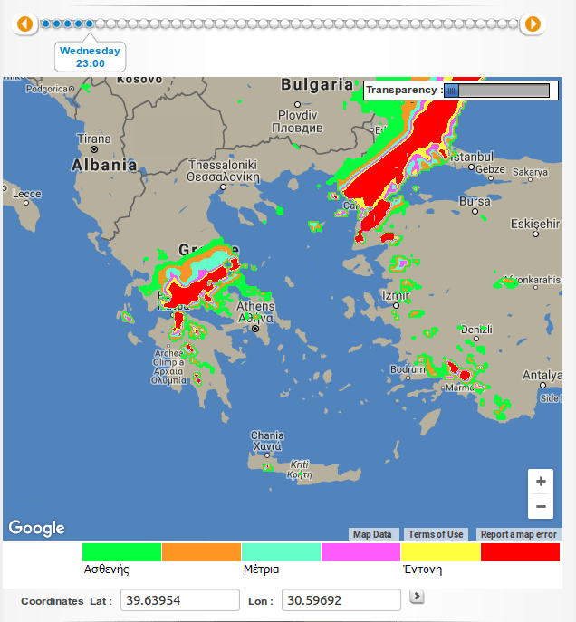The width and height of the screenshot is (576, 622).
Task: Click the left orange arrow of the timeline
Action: tap(24, 24)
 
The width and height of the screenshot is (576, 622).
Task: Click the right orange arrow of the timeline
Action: tap(533, 24)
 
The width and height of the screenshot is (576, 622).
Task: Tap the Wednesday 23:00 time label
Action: tap(90, 57)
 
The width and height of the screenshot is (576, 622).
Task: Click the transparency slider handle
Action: tap(451, 91)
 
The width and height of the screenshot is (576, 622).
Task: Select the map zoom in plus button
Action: tap(541, 482)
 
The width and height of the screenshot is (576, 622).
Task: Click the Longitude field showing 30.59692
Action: tap(341, 600)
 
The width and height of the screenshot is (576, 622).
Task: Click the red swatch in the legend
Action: tap(520, 552)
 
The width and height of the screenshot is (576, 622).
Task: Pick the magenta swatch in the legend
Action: tap(360, 552)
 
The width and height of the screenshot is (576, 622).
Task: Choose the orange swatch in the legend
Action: tap(201, 552)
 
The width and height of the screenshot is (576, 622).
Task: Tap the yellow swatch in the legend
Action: tap(440, 552)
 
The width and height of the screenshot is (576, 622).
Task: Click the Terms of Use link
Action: tap(436, 534)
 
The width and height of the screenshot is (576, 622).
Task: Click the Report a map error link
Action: tap(519, 534)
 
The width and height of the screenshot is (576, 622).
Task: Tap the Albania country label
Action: tap(104, 166)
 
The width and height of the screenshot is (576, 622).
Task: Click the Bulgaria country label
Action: tap(317, 85)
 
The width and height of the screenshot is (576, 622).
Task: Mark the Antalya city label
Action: tap(542, 376)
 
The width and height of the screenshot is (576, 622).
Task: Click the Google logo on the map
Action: tap(36, 528)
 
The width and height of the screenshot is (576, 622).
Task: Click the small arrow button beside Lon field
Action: tap(417, 596)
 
